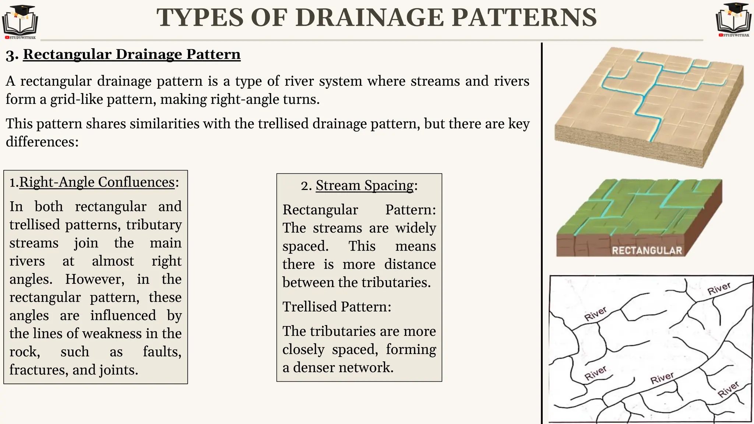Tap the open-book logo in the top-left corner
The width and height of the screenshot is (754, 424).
[x=20, y=21]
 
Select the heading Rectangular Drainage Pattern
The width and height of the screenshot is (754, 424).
[x=131, y=54]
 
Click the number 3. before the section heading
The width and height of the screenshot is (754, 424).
[x=12, y=55]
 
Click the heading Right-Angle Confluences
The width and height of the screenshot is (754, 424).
[x=96, y=182]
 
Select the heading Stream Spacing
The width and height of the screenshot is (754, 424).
[x=364, y=185]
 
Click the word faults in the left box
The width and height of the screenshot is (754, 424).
[x=162, y=352]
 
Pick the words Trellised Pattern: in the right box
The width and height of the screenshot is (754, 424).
[x=337, y=307]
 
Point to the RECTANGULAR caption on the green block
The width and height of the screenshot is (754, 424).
[x=647, y=251]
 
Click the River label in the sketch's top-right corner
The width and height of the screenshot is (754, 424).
[x=719, y=289]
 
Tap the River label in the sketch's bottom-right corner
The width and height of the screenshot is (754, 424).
[x=728, y=389]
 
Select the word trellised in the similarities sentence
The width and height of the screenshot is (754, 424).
[x=283, y=124]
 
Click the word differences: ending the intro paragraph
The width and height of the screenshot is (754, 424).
[x=42, y=142]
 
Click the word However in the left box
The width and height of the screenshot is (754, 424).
[x=95, y=279]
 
